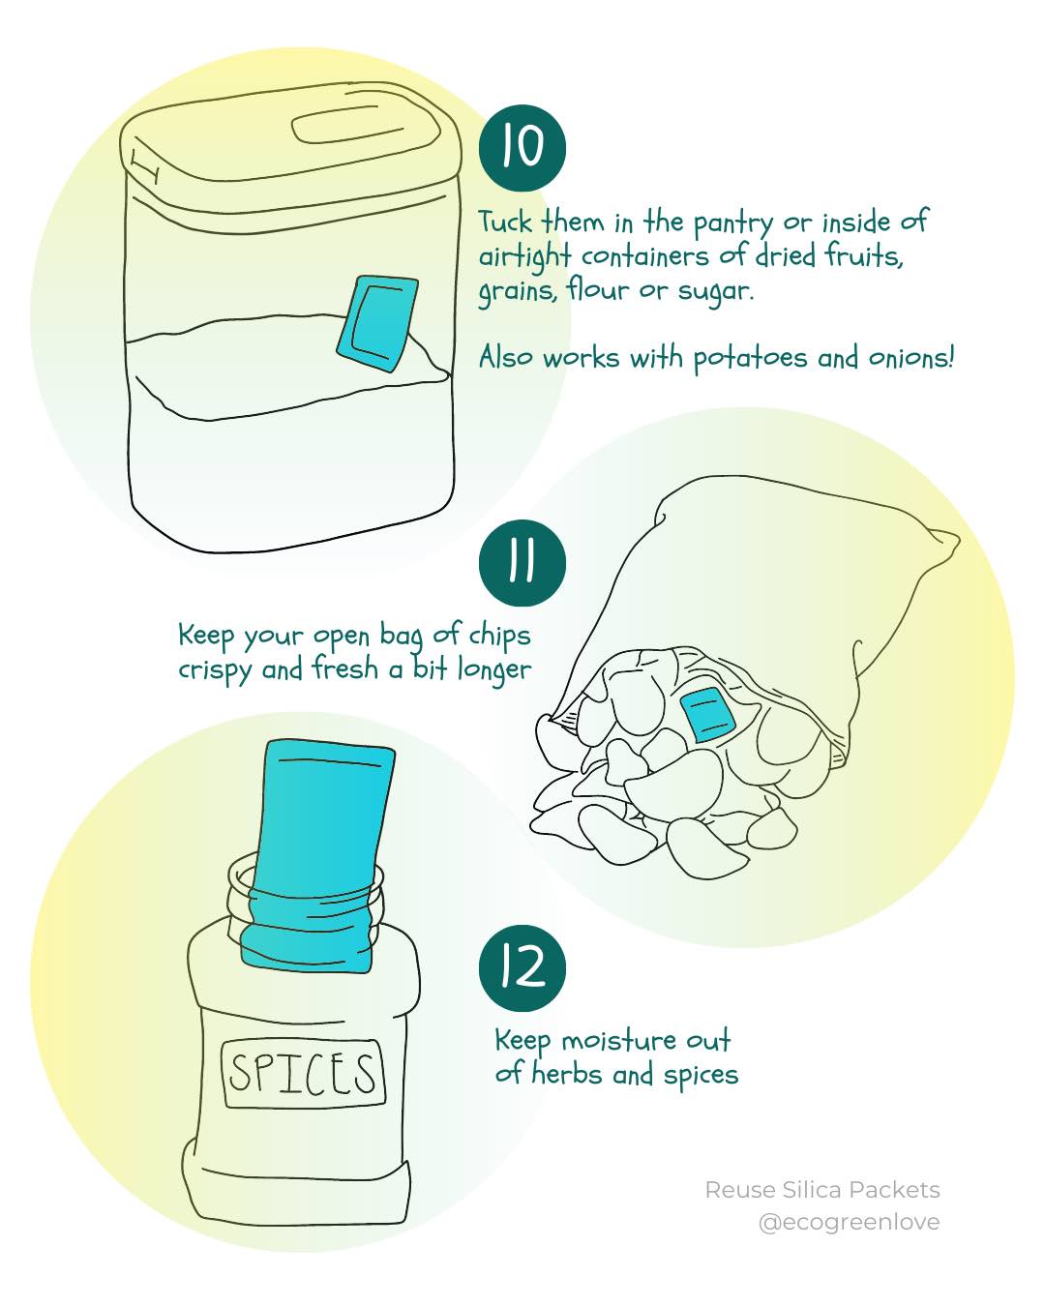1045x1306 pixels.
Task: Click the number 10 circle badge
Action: click(x=522, y=148)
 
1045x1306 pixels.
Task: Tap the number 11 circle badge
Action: click(x=522, y=563)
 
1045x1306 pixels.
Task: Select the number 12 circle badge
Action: click(x=522, y=967)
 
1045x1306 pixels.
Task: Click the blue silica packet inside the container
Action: click(x=377, y=323)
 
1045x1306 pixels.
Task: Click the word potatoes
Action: click(x=750, y=359)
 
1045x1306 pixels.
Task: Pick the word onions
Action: click(x=911, y=358)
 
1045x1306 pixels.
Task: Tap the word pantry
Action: click(x=732, y=223)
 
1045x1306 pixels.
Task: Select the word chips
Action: click(x=499, y=636)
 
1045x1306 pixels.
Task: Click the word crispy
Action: click(x=215, y=670)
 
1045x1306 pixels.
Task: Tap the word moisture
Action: click(x=619, y=1041)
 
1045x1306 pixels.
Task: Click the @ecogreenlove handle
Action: click(x=849, y=1222)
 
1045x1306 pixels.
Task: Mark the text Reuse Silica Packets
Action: click(x=821, y=1190)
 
